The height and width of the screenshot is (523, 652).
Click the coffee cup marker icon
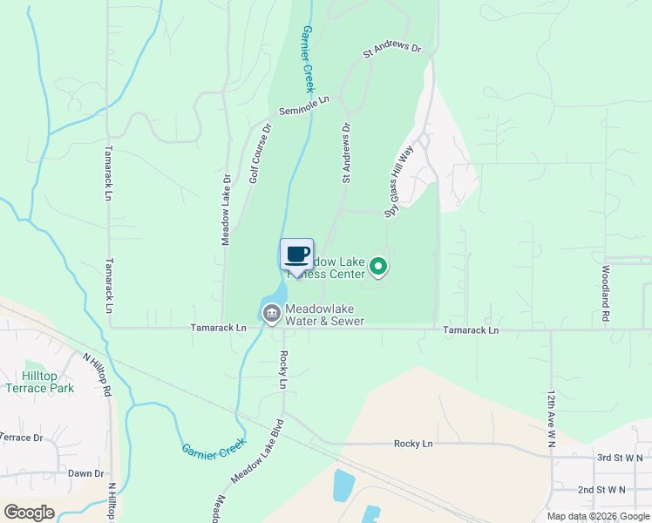click(x=296, y=255)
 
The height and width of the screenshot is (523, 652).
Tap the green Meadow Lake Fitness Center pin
click(x=377, y=267)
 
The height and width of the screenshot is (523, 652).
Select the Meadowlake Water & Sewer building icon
click(x=271, y=312)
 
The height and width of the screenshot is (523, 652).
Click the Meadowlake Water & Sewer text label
click(x=324, y=315)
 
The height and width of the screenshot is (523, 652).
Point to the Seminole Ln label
click(x=305, y=106)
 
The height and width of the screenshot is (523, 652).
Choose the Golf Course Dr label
click(x=261, y=153)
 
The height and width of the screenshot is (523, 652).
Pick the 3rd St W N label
click(x=620, y=457)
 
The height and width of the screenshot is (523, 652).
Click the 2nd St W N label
click(x=601, y=490)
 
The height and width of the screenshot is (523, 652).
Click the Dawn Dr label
click(x=85, y=473)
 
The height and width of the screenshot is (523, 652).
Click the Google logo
click(x=29, y=512)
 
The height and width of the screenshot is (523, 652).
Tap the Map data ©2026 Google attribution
click(x=597, y=516)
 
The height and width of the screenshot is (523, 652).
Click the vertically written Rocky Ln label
click(x=283, y=370)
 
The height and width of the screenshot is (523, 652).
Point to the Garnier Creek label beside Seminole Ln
click(x=307, y=59)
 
